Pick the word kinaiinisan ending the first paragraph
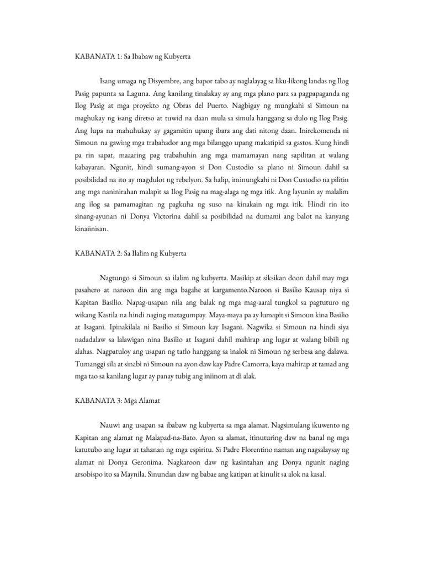coord(93,227)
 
